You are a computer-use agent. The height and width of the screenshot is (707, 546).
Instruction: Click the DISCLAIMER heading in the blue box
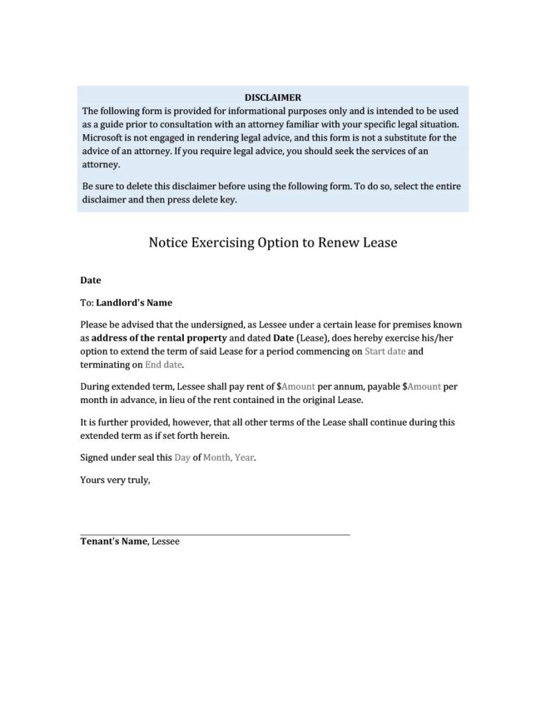pos(272,97)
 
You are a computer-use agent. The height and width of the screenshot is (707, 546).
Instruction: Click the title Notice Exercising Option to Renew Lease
pos(273,243)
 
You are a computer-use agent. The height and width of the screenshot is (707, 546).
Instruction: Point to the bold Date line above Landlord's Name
pos(91,280)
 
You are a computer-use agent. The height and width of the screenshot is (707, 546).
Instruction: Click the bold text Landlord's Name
pos(134,303)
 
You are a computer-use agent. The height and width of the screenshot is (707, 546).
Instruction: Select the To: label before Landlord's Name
pos(87,303)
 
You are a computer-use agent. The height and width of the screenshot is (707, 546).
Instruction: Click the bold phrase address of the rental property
pos(159,338)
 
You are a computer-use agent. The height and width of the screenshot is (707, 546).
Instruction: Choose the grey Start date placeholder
pos(385,351)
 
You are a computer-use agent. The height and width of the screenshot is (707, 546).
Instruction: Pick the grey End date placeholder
pos(163,364)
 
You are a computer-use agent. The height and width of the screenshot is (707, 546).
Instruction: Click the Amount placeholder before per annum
pos(298,386)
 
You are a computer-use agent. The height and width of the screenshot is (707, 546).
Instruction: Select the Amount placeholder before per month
pos(424,386)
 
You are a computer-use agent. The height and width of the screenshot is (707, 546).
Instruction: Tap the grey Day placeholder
pos(182,458)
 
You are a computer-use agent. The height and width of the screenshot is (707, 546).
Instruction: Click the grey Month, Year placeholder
pos(228,458)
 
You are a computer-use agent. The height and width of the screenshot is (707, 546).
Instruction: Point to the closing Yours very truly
pos(115,480)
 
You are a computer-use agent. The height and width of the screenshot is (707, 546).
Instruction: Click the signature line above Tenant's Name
pos(215,534)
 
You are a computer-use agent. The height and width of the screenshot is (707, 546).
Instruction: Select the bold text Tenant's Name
pos(114,541)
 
